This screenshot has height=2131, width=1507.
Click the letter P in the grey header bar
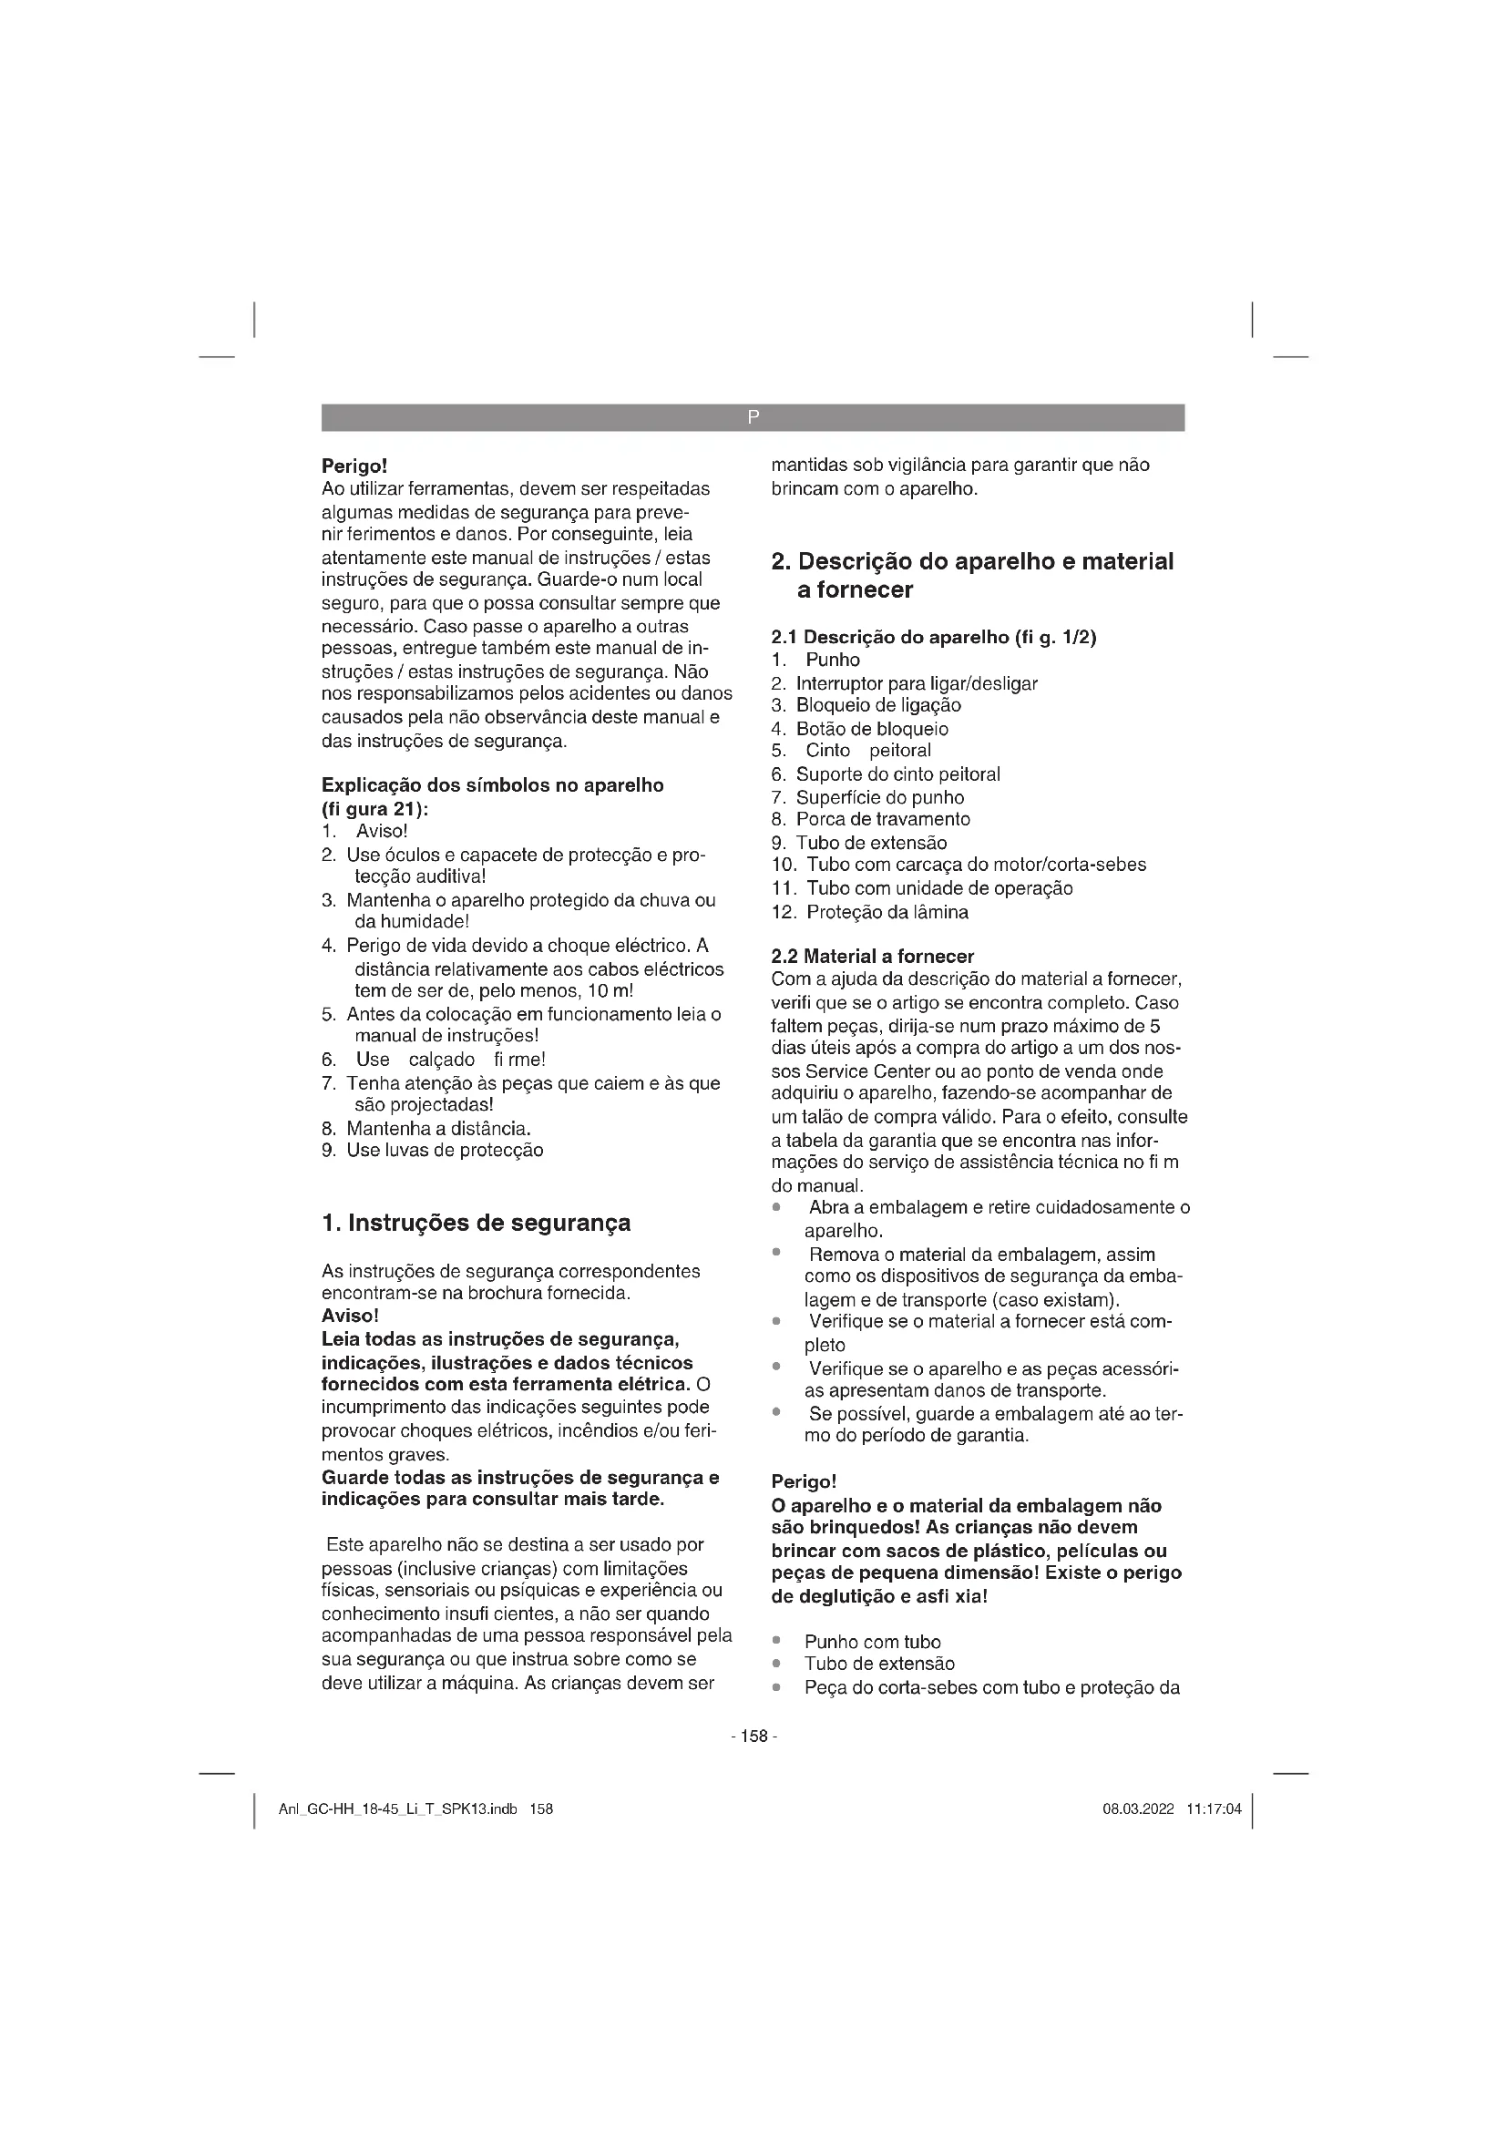coord(753,417)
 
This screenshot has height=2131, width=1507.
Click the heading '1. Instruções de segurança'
coord(476,1224)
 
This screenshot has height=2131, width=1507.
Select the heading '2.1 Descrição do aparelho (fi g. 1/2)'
coord(934,637)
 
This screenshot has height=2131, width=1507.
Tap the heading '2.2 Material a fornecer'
coord(872,956)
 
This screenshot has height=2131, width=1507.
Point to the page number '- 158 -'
coord(753,1736)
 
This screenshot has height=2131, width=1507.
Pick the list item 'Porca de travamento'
coord(883,820)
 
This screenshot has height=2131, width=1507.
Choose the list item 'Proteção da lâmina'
coord(887,911)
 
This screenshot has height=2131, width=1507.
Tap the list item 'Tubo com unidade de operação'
coord(939,888)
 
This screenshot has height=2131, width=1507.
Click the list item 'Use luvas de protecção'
coord(445,1151)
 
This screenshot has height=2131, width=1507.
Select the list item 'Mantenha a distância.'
coord(438,1129)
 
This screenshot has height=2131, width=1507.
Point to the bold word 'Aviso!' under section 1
coord(350,1317)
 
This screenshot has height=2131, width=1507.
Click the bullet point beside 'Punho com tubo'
coord(776,1642)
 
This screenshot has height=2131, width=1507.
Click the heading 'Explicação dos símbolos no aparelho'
coord(492,785)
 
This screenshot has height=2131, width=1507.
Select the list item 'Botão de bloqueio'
coord(871,729)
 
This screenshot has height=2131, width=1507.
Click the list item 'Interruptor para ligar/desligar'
coord(916,684)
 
